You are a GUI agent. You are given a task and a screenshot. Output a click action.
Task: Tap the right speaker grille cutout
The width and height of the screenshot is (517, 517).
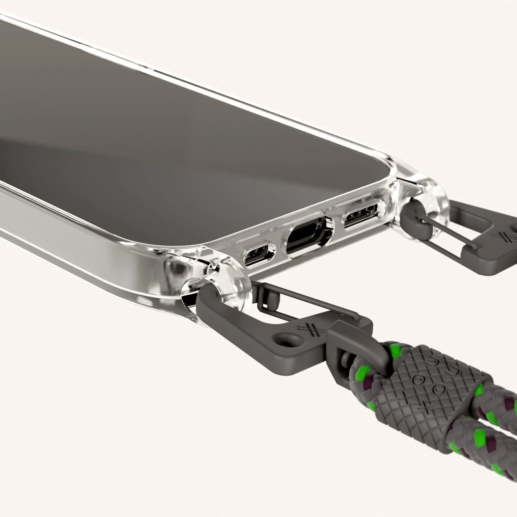click(360, 215)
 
